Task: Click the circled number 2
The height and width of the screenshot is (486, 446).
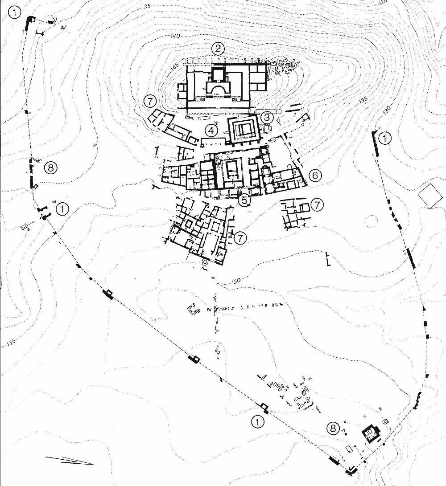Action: [218, 49]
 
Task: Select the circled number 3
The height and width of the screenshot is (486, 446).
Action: [266, 118]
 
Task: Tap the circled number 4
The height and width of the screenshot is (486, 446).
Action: [211, 131]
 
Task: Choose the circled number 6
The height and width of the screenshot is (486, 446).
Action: [314, 176]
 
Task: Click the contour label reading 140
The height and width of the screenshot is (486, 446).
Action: [175, 36]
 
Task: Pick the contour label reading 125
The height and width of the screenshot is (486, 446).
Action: [382, 3]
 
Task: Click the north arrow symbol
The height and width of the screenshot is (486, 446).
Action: [69, 461]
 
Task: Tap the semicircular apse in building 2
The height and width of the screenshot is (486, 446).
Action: [218, 91]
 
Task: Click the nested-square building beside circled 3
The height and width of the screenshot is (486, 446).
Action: [243, 130]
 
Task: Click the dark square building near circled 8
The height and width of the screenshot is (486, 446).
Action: [370, 432]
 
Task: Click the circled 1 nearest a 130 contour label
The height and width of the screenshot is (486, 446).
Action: [384, 139]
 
